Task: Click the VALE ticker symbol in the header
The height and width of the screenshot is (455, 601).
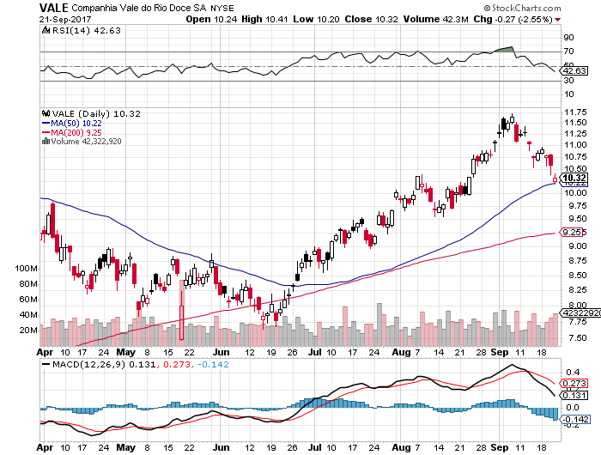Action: click(54, 8)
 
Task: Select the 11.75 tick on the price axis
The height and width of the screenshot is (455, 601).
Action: click(574, 112)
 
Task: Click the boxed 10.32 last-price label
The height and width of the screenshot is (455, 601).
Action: click(574, 179)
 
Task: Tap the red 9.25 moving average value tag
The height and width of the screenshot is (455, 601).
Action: click(573, 232)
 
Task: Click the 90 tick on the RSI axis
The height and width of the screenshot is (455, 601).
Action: click(568, 38)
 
